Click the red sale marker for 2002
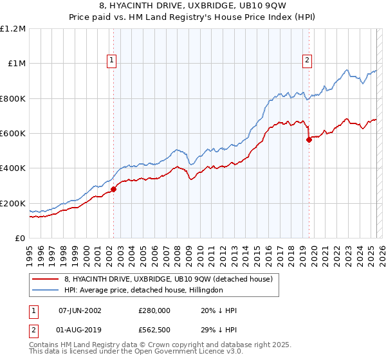pos(113,189)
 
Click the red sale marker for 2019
pos(309,139)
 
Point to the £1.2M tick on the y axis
pos(13,29)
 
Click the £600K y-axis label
pos(13,134)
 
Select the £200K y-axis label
pos(13,203)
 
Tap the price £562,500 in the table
pos(154,331)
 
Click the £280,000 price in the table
pos(154,310)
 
